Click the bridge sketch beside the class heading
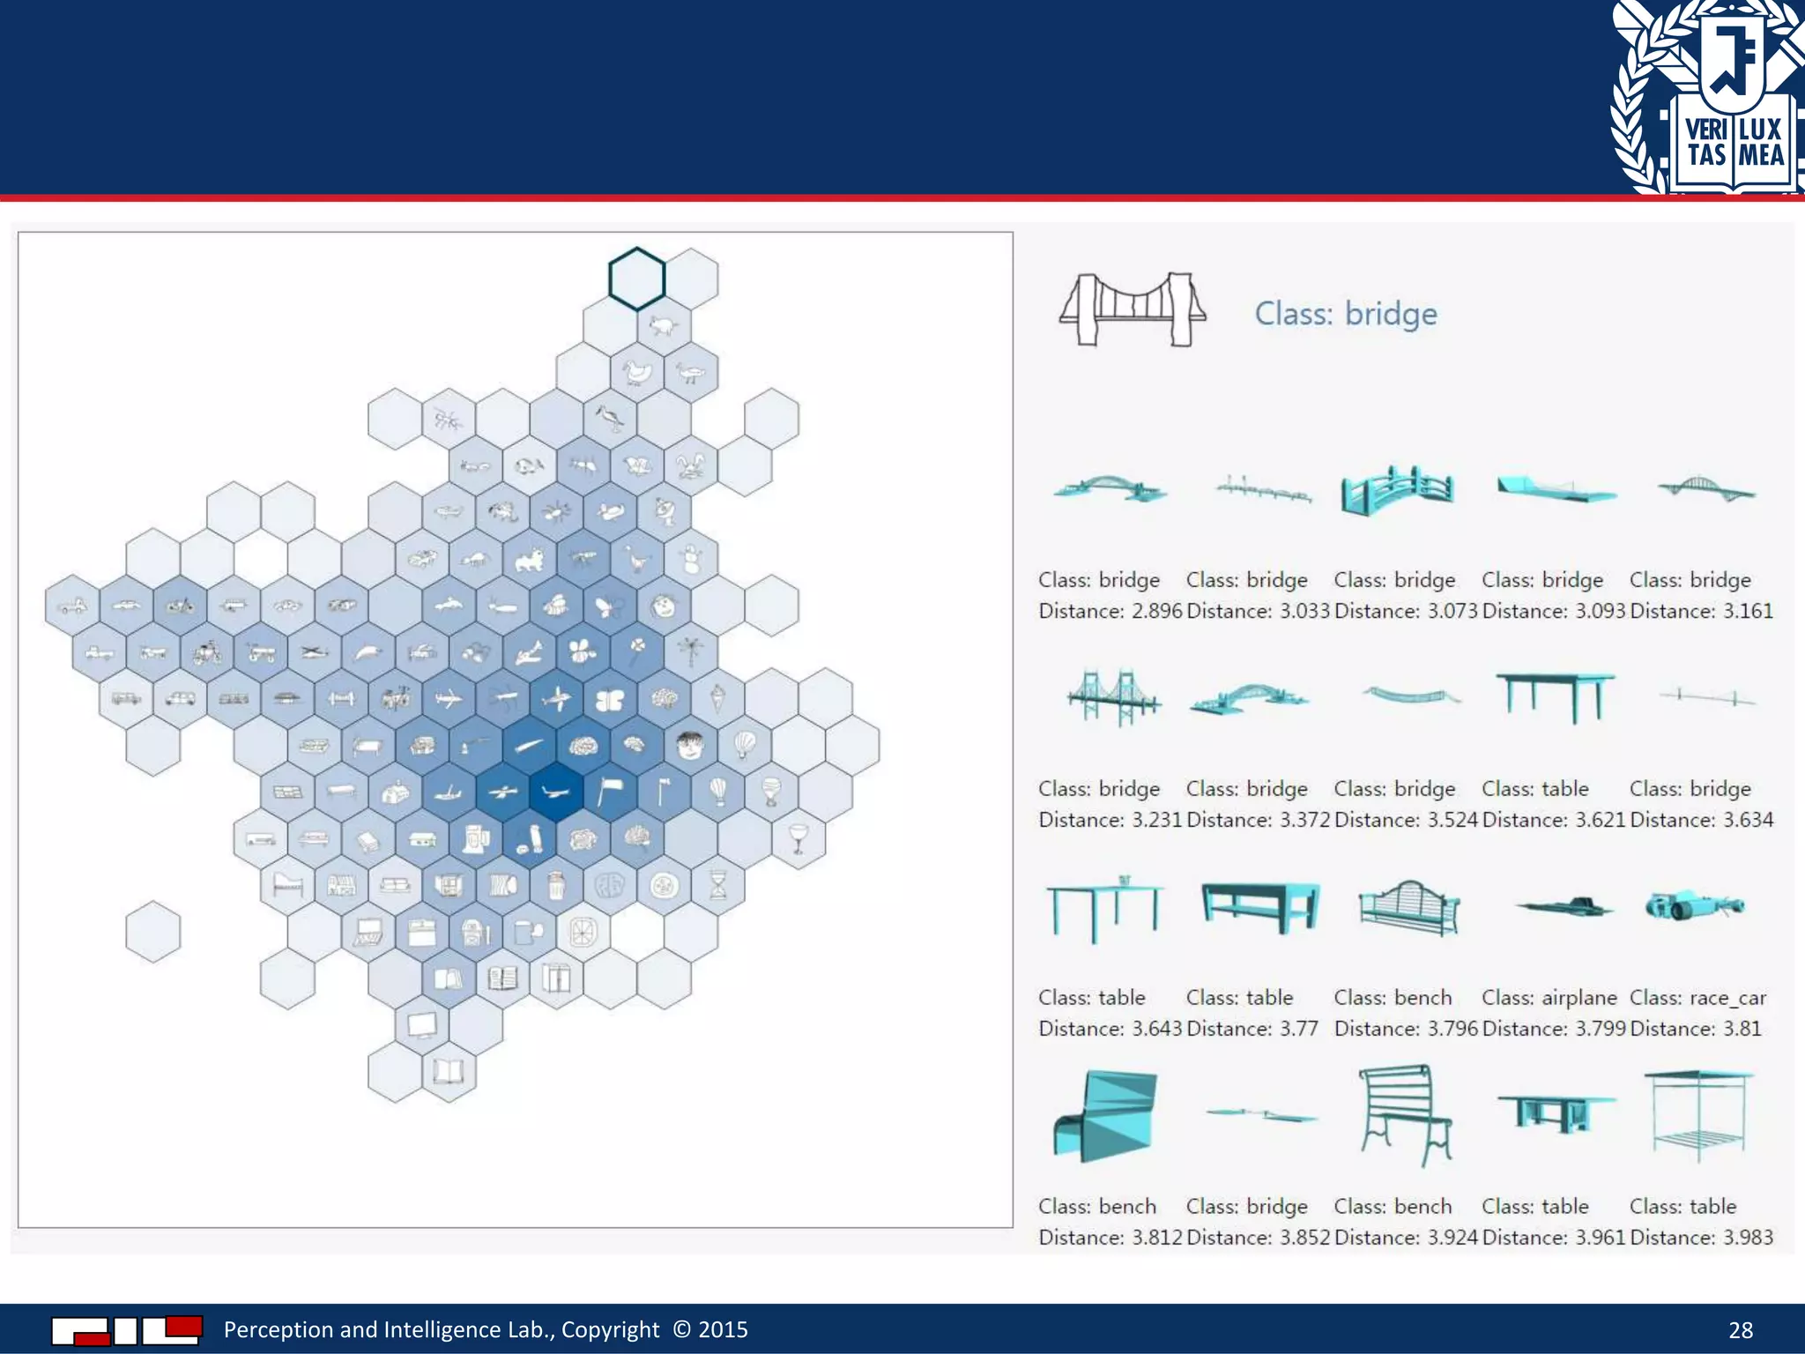[x=1132, y=309]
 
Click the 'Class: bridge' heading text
[x=1345, y=314]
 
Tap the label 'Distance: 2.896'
[x=1110, y=611]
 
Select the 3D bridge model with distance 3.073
[x=1396, y=490]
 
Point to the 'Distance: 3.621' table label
[x=1553, y=820]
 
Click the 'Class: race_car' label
[x=1697, y=998]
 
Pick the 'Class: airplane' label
[x=1549, y=998]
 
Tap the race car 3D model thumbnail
[x=1693, y=906]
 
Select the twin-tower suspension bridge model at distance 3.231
[x=1113, y=697]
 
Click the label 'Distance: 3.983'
[x=1701, y=1238]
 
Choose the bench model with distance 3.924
[x=1405, y=1114]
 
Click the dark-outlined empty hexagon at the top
[x=636, y=279]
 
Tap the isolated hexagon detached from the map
[x=153, y=932]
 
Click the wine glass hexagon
[x=799, y=838]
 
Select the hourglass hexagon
[x=718, y=884]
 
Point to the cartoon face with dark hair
[x=691, y=746]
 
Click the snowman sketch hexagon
[x=691, y=559]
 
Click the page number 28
[x=1740, y=1330]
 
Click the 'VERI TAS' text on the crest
[x=1706, y=142]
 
